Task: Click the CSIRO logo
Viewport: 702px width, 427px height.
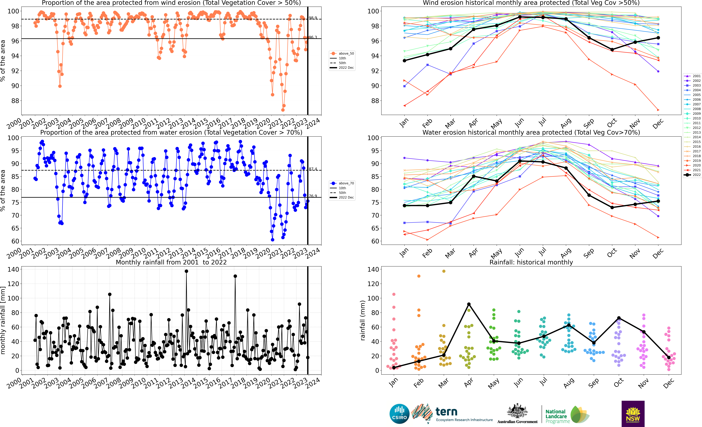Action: pos(399,414)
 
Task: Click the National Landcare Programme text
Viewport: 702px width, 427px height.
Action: pos(557,416)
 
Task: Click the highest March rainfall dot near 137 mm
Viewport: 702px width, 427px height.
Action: pos(444,271)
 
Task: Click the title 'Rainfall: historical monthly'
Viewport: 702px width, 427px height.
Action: pos(531,262)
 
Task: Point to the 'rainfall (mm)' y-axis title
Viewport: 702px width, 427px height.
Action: pos(362,320)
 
